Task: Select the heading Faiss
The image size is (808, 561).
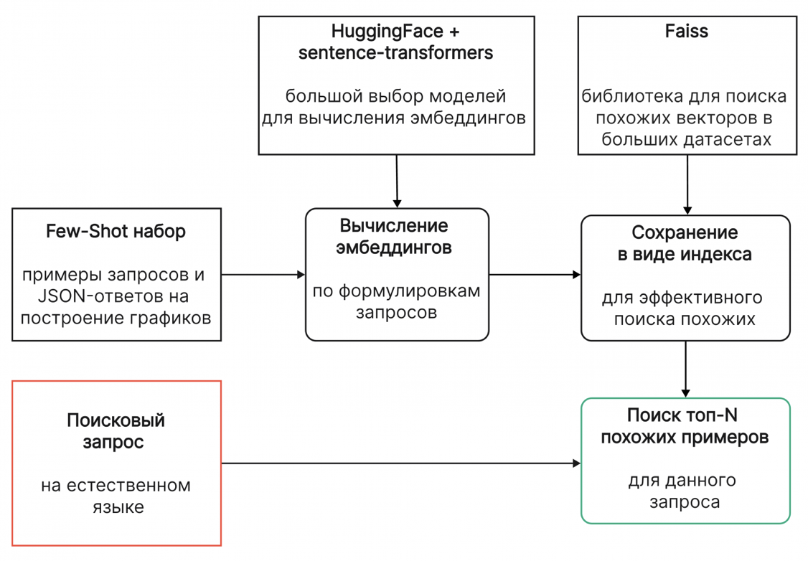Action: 686,32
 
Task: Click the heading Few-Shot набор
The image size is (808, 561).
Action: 116,231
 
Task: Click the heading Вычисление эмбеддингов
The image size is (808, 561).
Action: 396,237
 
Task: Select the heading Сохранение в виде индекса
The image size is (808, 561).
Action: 685,243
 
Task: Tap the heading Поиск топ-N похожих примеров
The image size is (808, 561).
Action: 685,426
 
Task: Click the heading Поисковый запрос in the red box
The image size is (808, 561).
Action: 116,430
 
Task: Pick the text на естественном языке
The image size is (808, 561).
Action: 116,496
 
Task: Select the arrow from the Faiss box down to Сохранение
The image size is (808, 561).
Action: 687,184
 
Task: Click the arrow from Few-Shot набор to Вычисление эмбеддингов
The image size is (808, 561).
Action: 263,274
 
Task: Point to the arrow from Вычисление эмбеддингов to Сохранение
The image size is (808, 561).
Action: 535,274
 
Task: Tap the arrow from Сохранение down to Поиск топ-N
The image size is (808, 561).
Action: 686,369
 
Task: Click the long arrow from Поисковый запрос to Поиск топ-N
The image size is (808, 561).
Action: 400,463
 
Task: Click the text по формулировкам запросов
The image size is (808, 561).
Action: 396,302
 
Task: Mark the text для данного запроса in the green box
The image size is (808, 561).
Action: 685,491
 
